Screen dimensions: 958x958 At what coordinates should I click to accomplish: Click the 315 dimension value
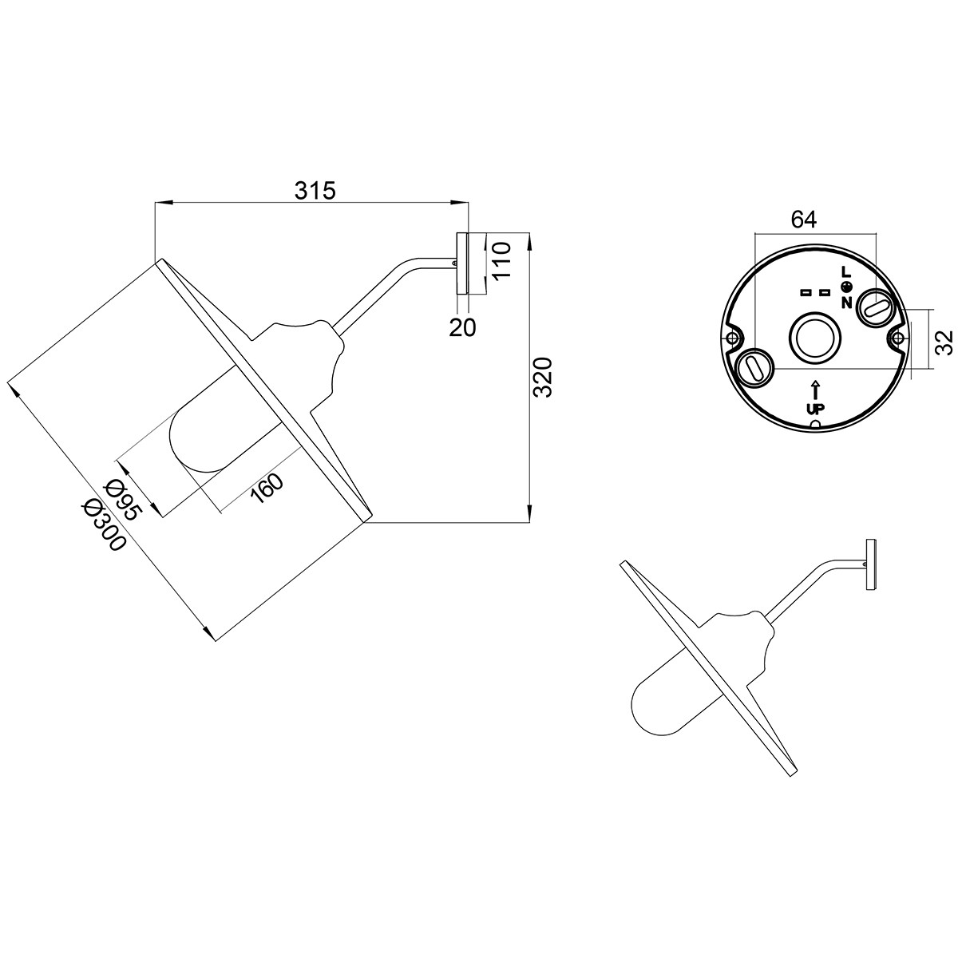pos(315,191)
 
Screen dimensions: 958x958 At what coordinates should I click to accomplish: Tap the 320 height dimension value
pos(542,377)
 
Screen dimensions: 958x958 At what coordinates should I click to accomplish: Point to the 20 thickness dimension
pos(462,327)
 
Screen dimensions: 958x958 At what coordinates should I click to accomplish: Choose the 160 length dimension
pos(267,489)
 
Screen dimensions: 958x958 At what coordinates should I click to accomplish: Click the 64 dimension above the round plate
pos(804,220)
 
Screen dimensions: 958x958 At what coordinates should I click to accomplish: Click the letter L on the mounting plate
pos(845,272)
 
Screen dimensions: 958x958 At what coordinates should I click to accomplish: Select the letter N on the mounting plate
pos(847,303)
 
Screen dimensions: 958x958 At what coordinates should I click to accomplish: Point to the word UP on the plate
pos(815,408)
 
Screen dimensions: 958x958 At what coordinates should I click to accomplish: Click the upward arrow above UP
pos(815,390)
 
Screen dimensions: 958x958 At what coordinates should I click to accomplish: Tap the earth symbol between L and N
pos(848,287)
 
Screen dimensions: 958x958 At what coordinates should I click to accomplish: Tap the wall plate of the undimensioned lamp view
pos(870,564)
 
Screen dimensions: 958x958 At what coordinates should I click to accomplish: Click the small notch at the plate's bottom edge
pos(815,425)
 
